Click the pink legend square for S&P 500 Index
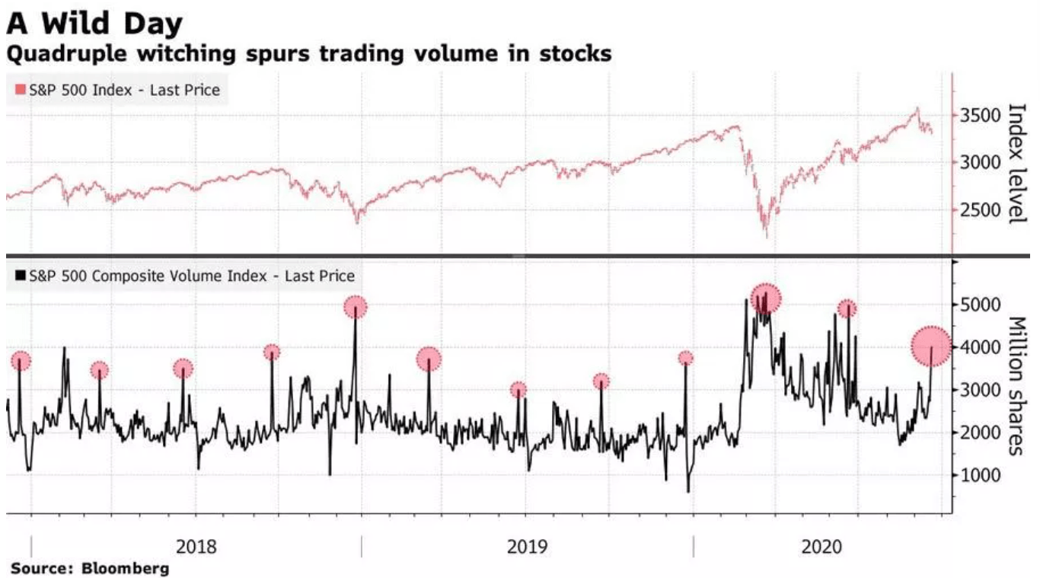point(21,91)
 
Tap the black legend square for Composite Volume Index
point(21,276)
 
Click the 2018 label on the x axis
point(196,547)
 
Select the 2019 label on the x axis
point(527,547)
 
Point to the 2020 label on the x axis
point(821,547)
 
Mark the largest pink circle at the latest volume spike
point(931,346)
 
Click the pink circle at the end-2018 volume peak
point(355,308)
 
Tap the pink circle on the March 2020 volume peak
point(766,298)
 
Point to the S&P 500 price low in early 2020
point(766,236)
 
